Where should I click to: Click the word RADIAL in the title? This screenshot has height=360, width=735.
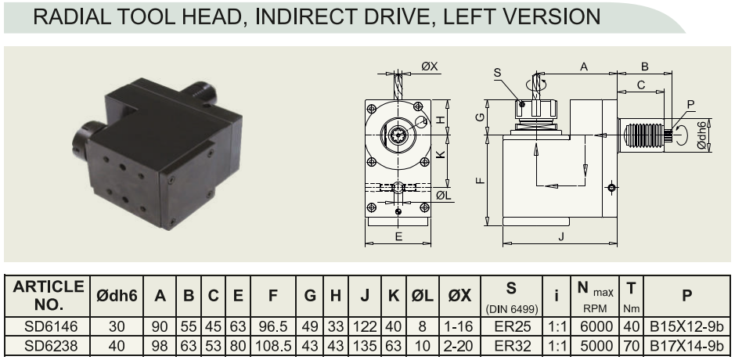(72, 17)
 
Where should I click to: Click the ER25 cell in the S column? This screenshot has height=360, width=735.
(511, 326)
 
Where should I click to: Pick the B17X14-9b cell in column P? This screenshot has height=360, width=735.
(686, 347)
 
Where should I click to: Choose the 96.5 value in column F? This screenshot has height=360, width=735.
(273, 326)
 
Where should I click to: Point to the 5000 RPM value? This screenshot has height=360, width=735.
(595, 347)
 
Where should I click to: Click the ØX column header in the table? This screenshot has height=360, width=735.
(459, 295)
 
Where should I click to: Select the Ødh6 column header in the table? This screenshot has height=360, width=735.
(117, 295)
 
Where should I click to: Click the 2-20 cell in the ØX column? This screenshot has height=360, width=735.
(459, 347)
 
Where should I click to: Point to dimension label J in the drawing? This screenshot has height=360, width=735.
(561, 237)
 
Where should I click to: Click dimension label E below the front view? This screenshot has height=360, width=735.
(398, 236)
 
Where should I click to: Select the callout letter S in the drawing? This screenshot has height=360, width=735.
(497, 73)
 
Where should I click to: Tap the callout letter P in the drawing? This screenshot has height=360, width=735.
(690, 105)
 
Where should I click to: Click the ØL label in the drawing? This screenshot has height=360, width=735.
(444, 195)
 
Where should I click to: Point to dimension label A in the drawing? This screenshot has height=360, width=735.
(584, 67)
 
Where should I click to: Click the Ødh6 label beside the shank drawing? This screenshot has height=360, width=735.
(701, 135)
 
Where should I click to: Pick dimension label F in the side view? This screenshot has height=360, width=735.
(480, 181)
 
